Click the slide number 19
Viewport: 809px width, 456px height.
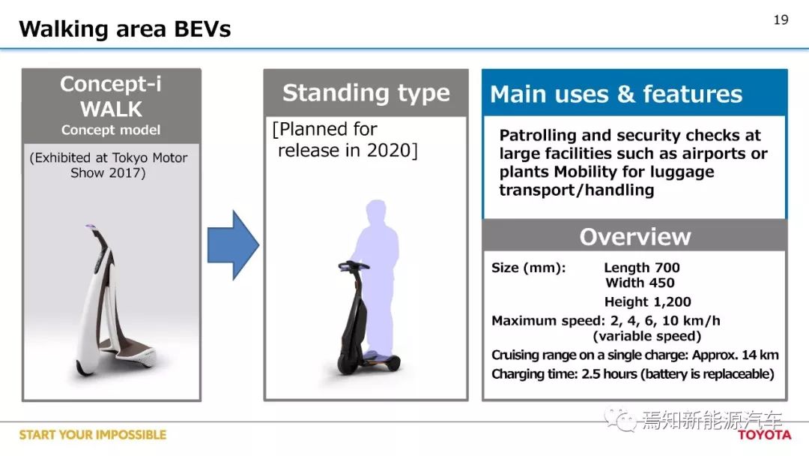click(781, 19)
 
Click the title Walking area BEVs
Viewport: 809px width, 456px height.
click(125, 29)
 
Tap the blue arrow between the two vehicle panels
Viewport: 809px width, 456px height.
click(233, 245)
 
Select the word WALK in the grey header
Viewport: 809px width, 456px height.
click(111, 109)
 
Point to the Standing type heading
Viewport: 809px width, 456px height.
click(366, 94)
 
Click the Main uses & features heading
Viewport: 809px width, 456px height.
click(616, 94)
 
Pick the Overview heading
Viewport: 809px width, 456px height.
click(635, 236)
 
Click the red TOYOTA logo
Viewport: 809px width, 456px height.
click(764, 435)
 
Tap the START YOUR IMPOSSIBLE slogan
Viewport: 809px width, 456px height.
click(93, 435)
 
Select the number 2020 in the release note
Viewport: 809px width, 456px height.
click(389, 150)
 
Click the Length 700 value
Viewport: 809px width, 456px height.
click(642, 268)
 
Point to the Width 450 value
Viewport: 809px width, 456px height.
click(640, 283)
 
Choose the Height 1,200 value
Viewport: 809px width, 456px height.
click(647, 301)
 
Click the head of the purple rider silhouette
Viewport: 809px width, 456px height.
click(376, 211)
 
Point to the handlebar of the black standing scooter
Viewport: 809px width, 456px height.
click(354, 265)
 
